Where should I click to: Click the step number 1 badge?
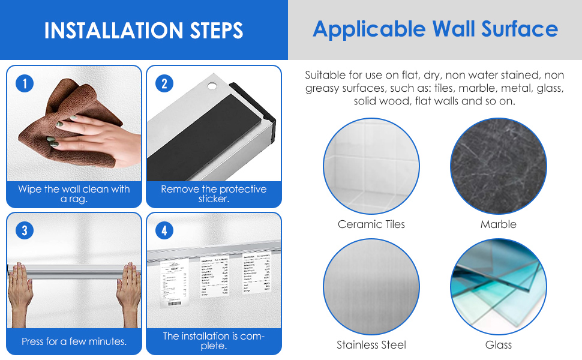point(25,83)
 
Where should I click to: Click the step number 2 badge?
point(164,83)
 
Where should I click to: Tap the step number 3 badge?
point(25,230)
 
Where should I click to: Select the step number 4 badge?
point(164,230)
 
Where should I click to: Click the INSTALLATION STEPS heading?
point(144,30)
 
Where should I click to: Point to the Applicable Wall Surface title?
point(435,29)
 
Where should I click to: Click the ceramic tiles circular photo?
point(371,166)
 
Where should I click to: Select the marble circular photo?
point(498,166)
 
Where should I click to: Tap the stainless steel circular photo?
point(371,287)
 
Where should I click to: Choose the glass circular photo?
point(498,287)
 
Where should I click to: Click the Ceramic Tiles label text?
point(371,224)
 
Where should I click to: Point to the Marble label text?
point(498,224)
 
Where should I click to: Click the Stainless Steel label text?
point(371,345)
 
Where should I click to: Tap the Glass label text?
point(498,345)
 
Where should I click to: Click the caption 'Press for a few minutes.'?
point(74,341)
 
